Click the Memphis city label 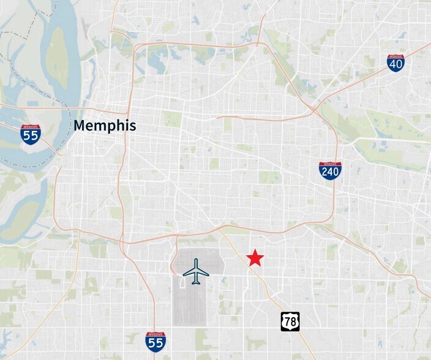[x=105, y=127]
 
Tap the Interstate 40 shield [x=395, y=63]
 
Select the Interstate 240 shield [x=330, y=170]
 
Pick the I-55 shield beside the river [x=30, y=134]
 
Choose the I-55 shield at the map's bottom [x=156, y=342]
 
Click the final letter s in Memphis [x=133, y=127]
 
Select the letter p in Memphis [x=112, y=128]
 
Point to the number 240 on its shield [x=330, y=173]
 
